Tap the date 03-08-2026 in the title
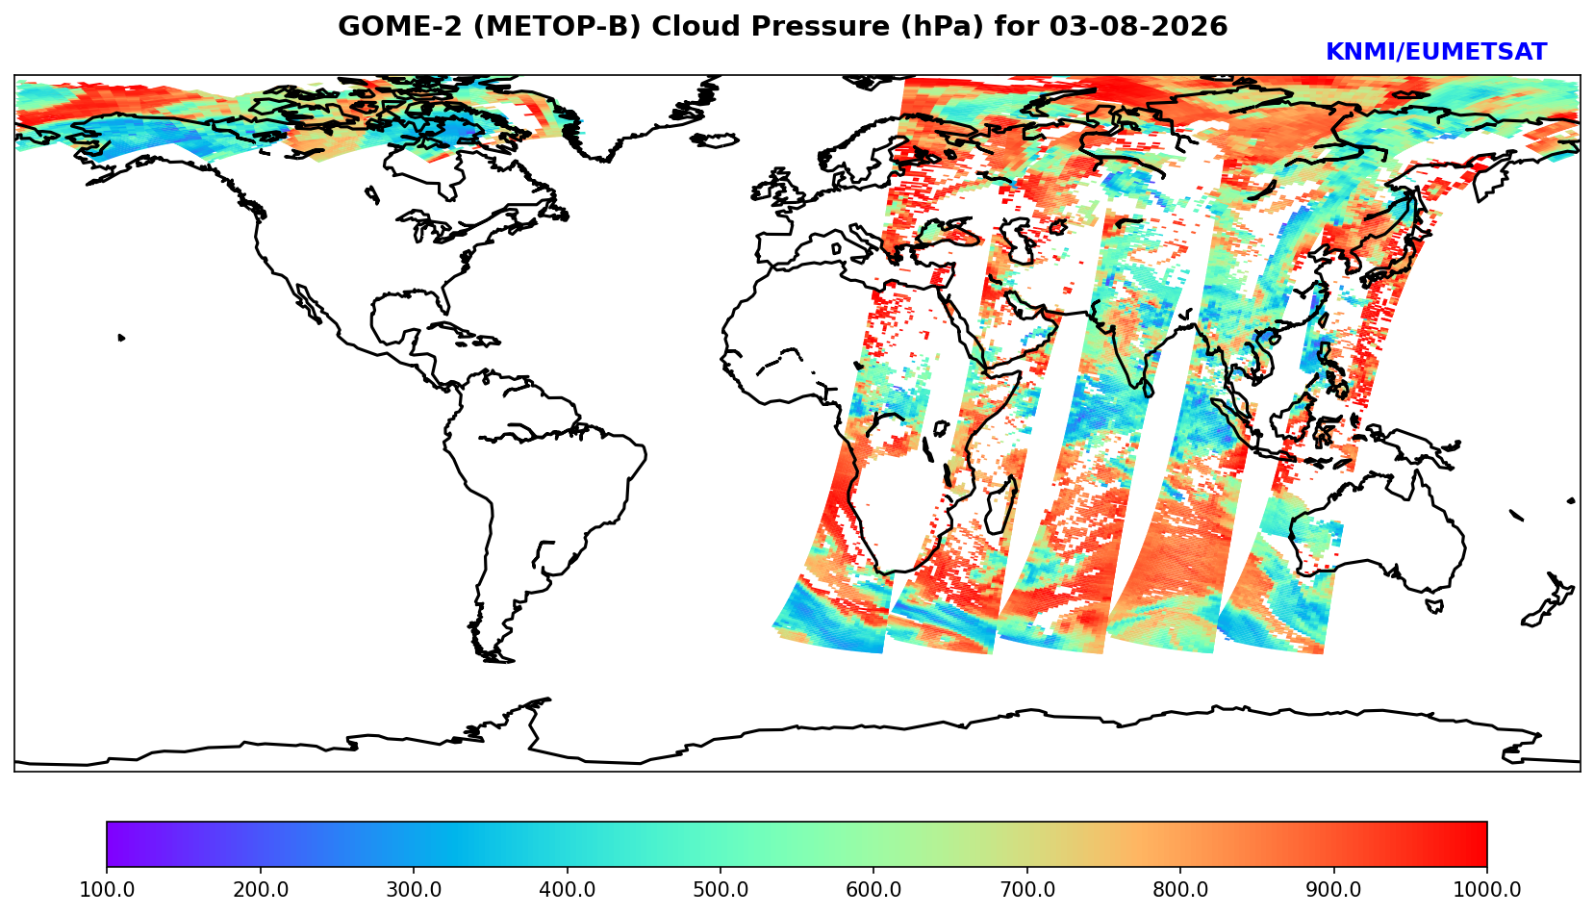(x=1139, y=26)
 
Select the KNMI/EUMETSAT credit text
(x=1436, y=52)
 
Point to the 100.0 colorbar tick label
(x=107, y=889)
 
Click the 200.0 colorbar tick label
(x=261, y=889)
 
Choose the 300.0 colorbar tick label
(x=414, y=889)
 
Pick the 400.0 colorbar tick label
(x=568, y=889)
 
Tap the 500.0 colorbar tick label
(x=721, y=889)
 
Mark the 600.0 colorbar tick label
(x=873, y=889)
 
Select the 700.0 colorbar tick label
(x=1026, y=889)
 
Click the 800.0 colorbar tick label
(x=1180, y=889)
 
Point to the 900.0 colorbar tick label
(x=1333, y=889)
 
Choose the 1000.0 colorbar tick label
(x=1487, y=889)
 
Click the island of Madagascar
(x=1000, y=504)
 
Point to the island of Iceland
(x=715, y=140)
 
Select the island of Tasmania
(x=1434, y=605)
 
